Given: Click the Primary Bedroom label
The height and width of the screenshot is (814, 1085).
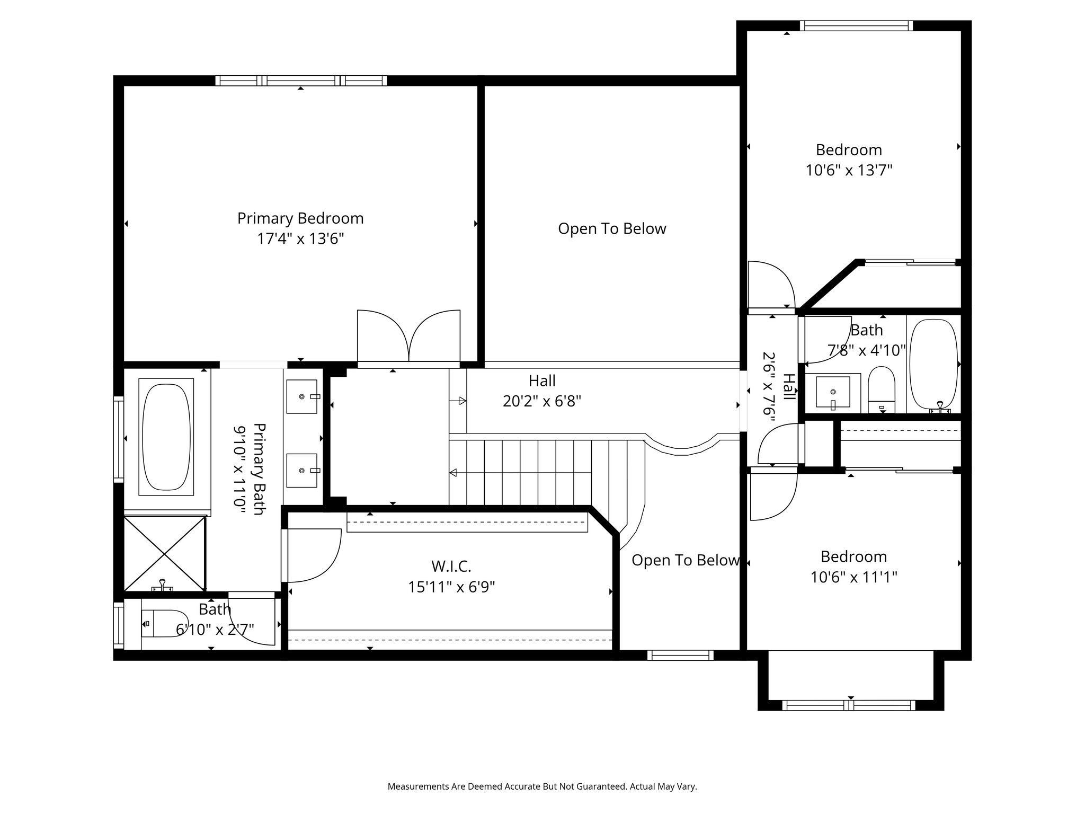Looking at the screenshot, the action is (x=300, y=218).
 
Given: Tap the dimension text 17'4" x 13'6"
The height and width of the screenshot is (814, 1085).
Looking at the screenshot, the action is (x=300, y=238).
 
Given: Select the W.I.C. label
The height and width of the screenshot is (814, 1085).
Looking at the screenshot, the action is (x=451, y=567).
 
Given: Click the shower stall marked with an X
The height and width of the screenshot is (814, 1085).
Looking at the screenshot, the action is (x=164, y=553).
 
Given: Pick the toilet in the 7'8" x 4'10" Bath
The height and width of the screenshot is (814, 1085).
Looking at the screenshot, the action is (x=882, y=390).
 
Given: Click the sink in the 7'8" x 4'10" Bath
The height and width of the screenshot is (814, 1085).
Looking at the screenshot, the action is (x=833, y=393).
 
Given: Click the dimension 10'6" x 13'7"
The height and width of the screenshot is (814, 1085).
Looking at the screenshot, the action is (x=849, y=170).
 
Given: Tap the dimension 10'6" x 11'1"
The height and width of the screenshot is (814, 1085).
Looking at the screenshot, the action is (x=853, y=577).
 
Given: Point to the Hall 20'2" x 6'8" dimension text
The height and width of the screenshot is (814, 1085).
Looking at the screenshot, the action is (x=542, y=401).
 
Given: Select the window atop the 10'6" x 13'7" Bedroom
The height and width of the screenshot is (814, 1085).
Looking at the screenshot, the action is (x=856, y=25).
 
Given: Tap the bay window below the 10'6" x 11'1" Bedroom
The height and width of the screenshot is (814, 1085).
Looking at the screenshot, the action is (x=849, y=705).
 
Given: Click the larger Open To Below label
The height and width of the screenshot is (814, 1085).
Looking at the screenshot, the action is (x=612, y=229).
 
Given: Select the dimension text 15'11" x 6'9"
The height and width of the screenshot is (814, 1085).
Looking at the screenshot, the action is (x=451, y=587).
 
